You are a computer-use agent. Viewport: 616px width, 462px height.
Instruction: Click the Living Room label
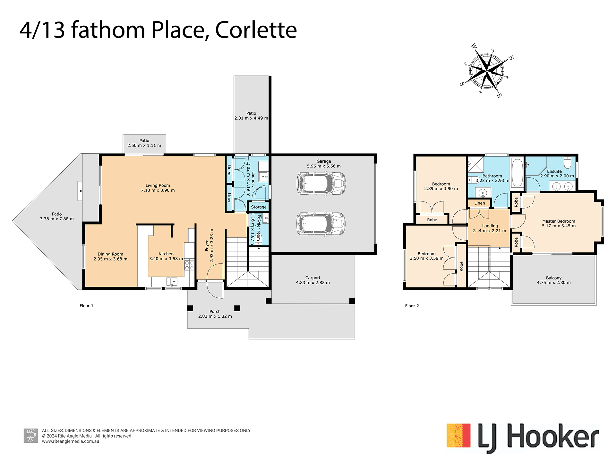[158, 185]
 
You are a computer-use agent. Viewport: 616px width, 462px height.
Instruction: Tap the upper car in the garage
[321, 184]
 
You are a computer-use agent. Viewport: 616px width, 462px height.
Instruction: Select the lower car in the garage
[321, 224]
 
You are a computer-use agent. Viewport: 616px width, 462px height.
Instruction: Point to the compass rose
[487, 71]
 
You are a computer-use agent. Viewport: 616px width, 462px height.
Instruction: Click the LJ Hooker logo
[523, 438]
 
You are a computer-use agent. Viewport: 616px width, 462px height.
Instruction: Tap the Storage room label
[259, 207]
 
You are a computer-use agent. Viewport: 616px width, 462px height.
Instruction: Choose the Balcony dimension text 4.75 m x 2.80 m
[554, 283]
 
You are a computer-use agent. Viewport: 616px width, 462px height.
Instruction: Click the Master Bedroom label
[559, 221]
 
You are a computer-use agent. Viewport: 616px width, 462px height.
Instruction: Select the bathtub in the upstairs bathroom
[517, 173]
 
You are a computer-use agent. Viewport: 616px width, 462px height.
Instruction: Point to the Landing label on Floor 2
[490, 226]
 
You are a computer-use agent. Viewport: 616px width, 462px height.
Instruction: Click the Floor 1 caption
[86, 306]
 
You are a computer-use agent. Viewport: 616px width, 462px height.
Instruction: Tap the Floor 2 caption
[412, 306]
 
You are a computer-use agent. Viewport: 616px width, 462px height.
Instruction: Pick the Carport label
[313, 278]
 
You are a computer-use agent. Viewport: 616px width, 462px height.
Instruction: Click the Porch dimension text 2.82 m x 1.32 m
[215, 316]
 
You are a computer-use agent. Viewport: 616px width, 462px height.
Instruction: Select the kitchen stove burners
[189, 265]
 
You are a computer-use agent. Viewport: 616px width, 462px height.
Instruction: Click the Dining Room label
[110, 254]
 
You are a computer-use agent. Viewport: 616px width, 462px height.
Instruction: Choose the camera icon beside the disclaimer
[31, 436]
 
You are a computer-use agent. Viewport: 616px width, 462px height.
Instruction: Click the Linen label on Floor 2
[480, 203]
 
